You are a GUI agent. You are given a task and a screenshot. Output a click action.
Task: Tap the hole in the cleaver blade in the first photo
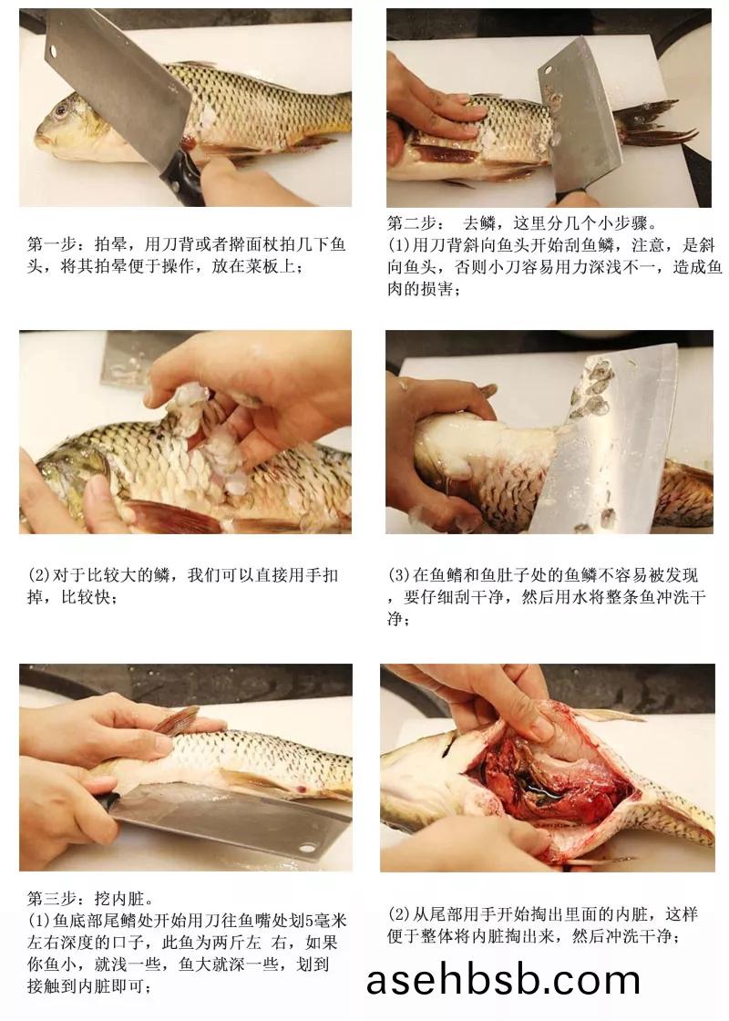click(x=53, y=50)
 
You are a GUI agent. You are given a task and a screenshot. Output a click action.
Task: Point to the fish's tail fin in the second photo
click(x=654, y=126)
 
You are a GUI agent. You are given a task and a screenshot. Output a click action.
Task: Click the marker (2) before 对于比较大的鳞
click(x=38, y=575)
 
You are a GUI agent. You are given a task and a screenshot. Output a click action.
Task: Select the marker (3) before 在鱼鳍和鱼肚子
click(x=399, y=575)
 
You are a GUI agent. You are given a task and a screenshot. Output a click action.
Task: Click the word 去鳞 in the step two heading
click(x=479, y=223)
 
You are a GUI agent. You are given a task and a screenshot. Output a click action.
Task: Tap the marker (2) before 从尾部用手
click(x=399, y=914)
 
